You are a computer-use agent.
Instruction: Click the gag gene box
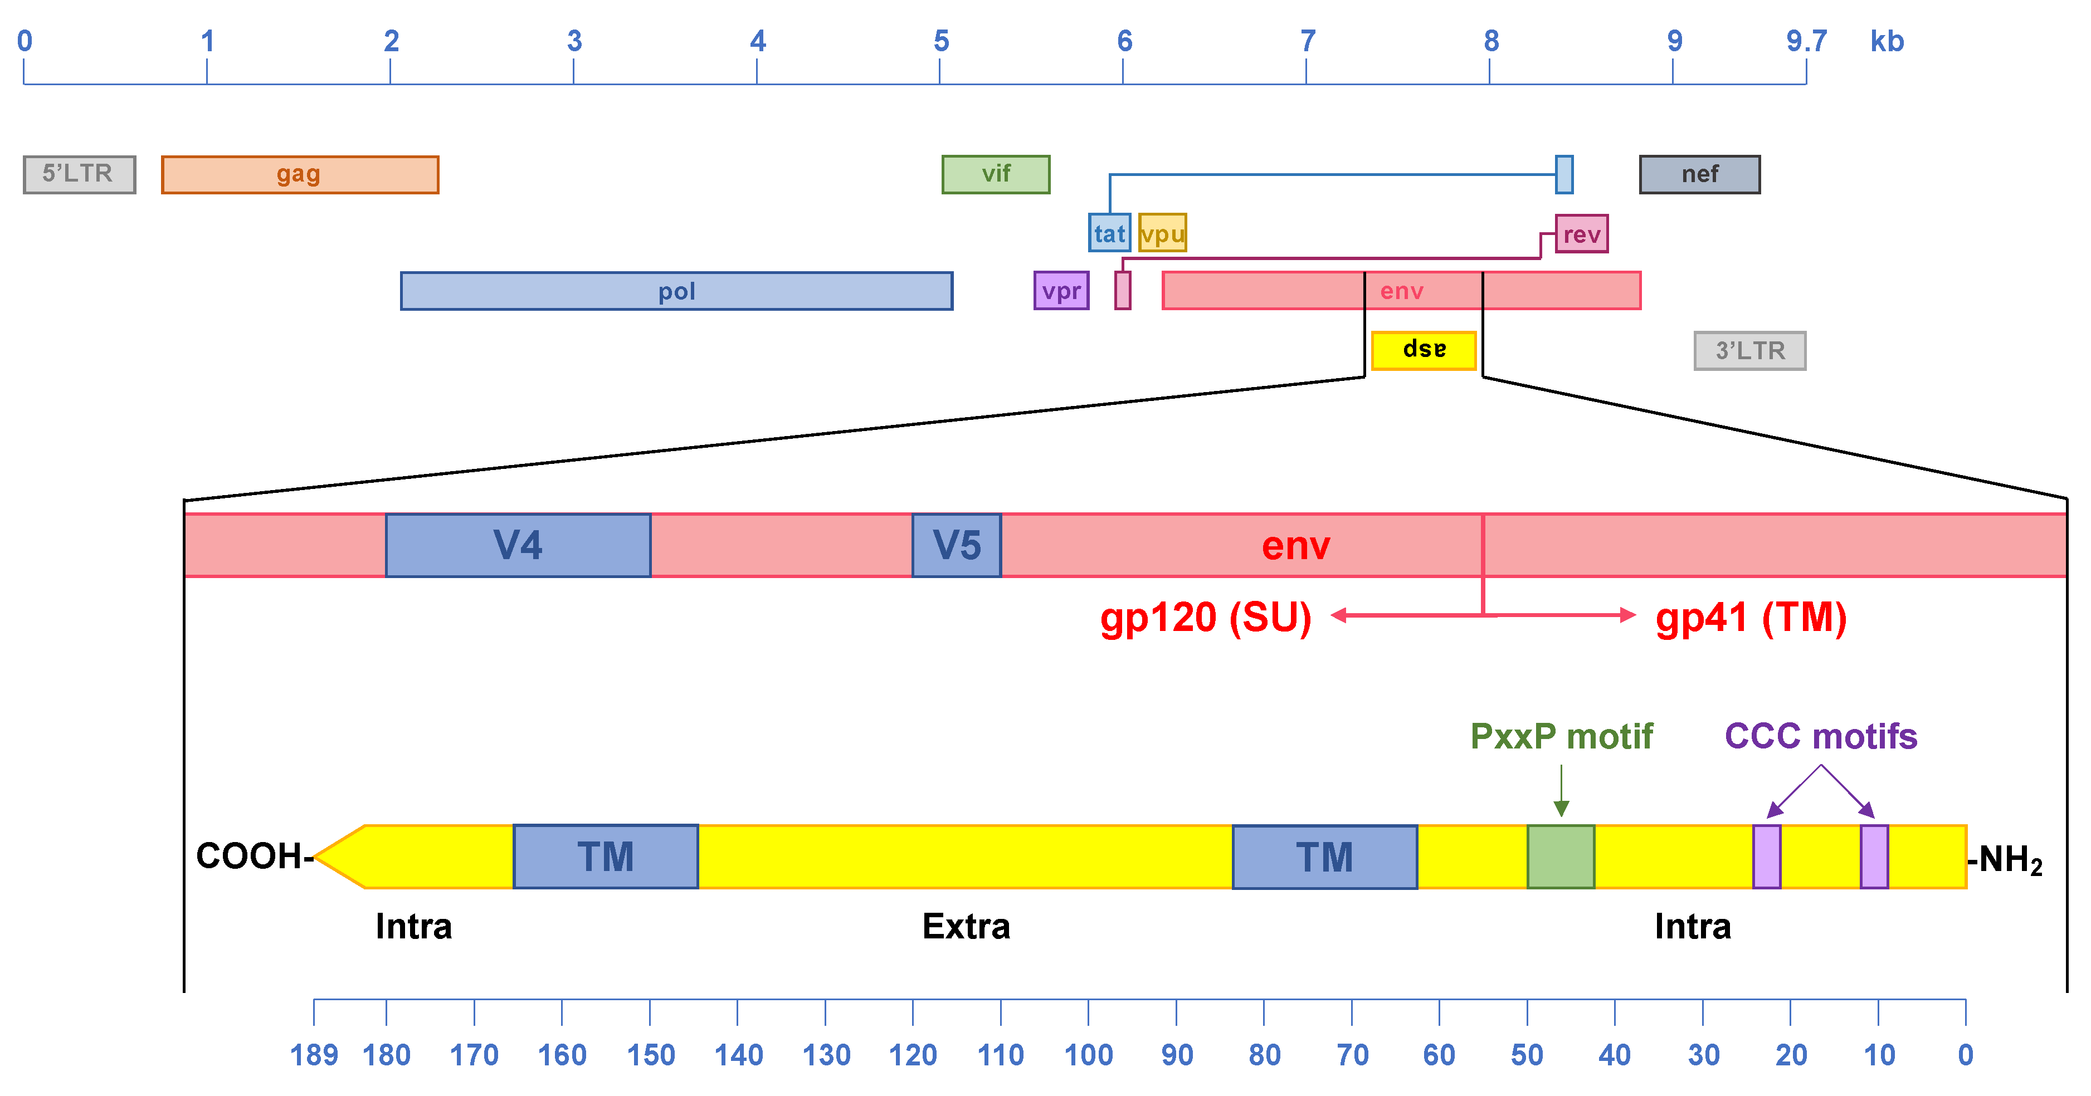coord(300,174)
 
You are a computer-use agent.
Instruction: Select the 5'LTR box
coord(79,174)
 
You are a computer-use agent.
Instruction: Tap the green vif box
coord(995,174)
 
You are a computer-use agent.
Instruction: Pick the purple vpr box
coord(1061,290)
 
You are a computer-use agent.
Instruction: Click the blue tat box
coord(1109,233)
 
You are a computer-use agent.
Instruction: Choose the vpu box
coord(1162,233)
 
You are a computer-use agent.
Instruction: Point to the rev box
coord(1581,234)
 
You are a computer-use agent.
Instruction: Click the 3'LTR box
coord(1749,350)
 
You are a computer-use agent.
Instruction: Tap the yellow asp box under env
coord(1423,350)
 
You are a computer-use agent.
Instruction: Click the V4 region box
coord(518,545)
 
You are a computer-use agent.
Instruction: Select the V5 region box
coord(956,545)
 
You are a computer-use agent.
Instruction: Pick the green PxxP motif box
coord(1560,857)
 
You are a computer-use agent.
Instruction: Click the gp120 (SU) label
coord(1206,618)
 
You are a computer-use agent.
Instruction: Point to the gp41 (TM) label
coord(1751,618)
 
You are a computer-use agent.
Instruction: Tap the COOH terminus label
coord(250,857)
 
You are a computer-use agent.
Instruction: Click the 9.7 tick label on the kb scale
coord(1806,41)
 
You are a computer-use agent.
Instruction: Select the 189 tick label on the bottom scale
coord(314,1055)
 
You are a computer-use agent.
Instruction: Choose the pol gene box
coord(676,290)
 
